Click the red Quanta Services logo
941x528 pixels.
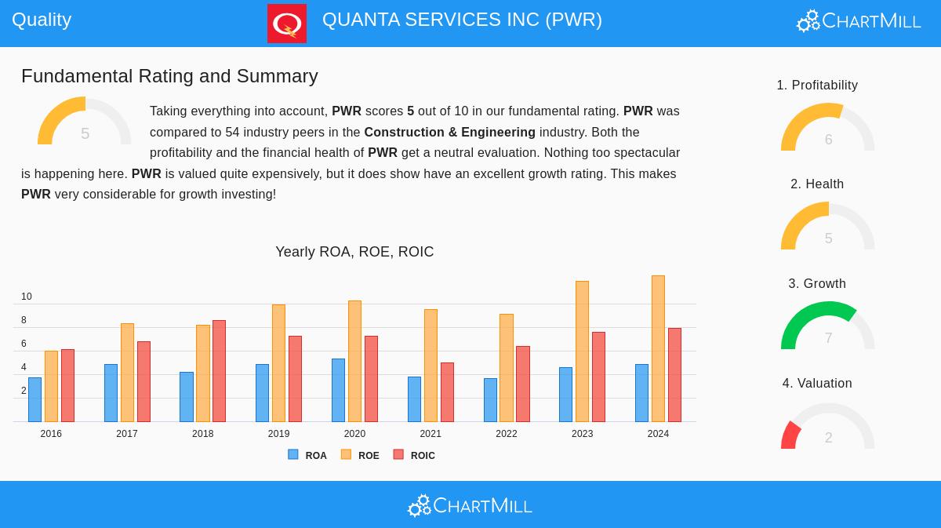click(x=286, y=24)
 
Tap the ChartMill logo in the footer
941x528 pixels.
click(x=470, y=506)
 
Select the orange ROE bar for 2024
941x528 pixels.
click(x=658, y=348)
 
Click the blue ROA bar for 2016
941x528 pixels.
click(x=35, y=399)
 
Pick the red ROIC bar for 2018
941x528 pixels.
click(x=219, y=370)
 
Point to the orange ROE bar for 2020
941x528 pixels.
click(x=354, y=361)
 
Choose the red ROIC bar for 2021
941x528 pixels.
click(x=447, y=391)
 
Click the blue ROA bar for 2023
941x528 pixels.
click(x=565, y=394)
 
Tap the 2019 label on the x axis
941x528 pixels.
click(x=278, y=434)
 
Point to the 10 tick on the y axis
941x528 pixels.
click(x=27, y=297)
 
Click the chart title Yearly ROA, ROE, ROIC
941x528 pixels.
click(x=354, y=252)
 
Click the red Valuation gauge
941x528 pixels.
click(x=791, y=434)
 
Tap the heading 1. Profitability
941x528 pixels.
click(x=817, y=85)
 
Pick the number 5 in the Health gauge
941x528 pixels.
click(x=828, y=239)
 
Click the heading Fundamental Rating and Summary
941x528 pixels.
click(x=169, y=76)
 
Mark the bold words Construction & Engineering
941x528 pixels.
click(x=449, y=132)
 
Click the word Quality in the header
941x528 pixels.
click(x=42, y=20)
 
